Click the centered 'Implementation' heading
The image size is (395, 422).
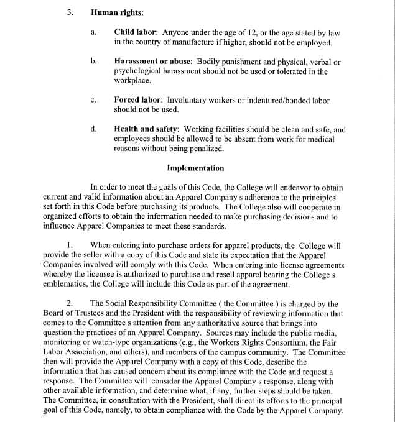(x=195, y=168)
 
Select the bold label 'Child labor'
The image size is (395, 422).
(x=136, y=32)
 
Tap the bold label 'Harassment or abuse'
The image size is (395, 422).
(x=152, y=62)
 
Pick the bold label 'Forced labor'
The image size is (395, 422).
(x=137, y=100)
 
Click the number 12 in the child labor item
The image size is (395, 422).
(x=249, y=32)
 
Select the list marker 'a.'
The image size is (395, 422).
(x=93, y=32)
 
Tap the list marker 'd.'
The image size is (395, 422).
(x=93, y=129)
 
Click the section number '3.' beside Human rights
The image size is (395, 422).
(x=70, y=12)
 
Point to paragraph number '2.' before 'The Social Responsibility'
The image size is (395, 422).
(x=70, y=304)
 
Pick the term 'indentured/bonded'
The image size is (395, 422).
(x=277, y=100)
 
